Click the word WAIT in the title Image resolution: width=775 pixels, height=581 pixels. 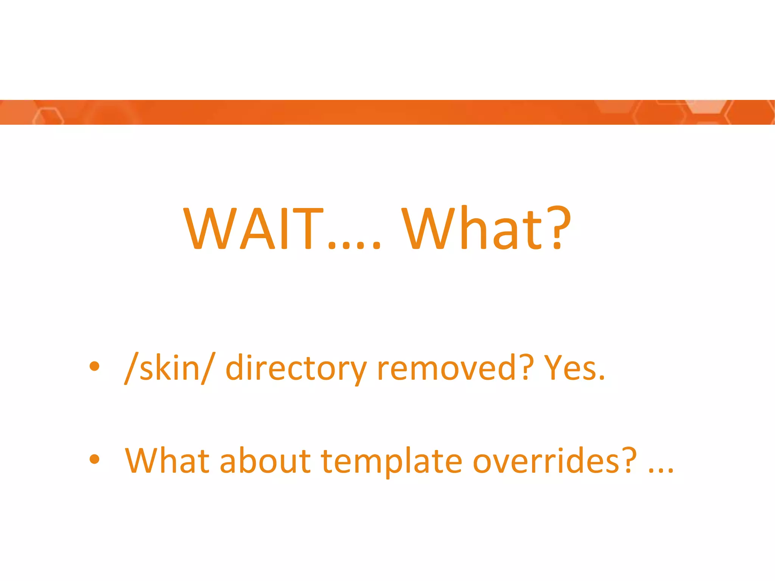coord(253,229)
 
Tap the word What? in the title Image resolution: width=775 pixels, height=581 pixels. coord(486,229)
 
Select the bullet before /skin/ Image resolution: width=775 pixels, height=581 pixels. coord(94,366)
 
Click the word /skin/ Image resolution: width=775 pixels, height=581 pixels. coord(170,368)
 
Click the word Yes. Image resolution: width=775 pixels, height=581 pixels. coord(574,368)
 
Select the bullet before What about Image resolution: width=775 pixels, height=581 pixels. coord(94,459)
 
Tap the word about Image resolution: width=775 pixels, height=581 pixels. coord(265,460)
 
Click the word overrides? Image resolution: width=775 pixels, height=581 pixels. coord(555,460)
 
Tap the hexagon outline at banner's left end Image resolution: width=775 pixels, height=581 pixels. coord(48,116)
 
